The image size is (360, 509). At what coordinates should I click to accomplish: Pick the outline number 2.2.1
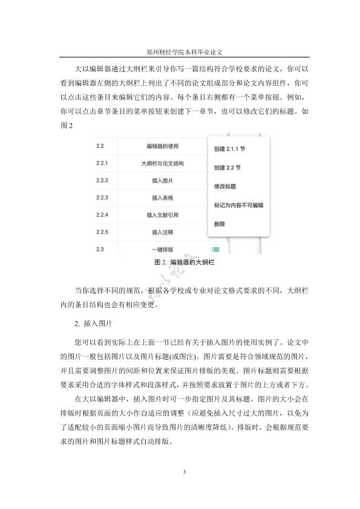[x=102, y=163]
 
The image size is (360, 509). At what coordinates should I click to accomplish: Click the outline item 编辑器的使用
[x=163, y=146]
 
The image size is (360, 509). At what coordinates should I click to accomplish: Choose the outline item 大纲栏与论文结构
[x=163, y=163]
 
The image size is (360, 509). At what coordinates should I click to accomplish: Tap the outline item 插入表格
[x=163, y=198]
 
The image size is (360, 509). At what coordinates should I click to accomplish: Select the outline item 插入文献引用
[x=163, y=215]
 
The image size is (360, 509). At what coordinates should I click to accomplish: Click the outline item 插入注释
[x=163, y=232]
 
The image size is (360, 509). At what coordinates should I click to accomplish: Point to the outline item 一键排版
[x=163, y=249]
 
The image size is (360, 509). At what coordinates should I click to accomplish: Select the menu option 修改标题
[x=224, y=186]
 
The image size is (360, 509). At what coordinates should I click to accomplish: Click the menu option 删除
[x=220, y=224]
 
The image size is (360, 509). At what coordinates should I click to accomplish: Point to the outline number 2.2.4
[x=102, y=215]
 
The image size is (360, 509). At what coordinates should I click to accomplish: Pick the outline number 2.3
[x=100, y=249]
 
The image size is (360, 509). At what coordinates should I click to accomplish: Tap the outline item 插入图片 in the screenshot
[x=163, y=180]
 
